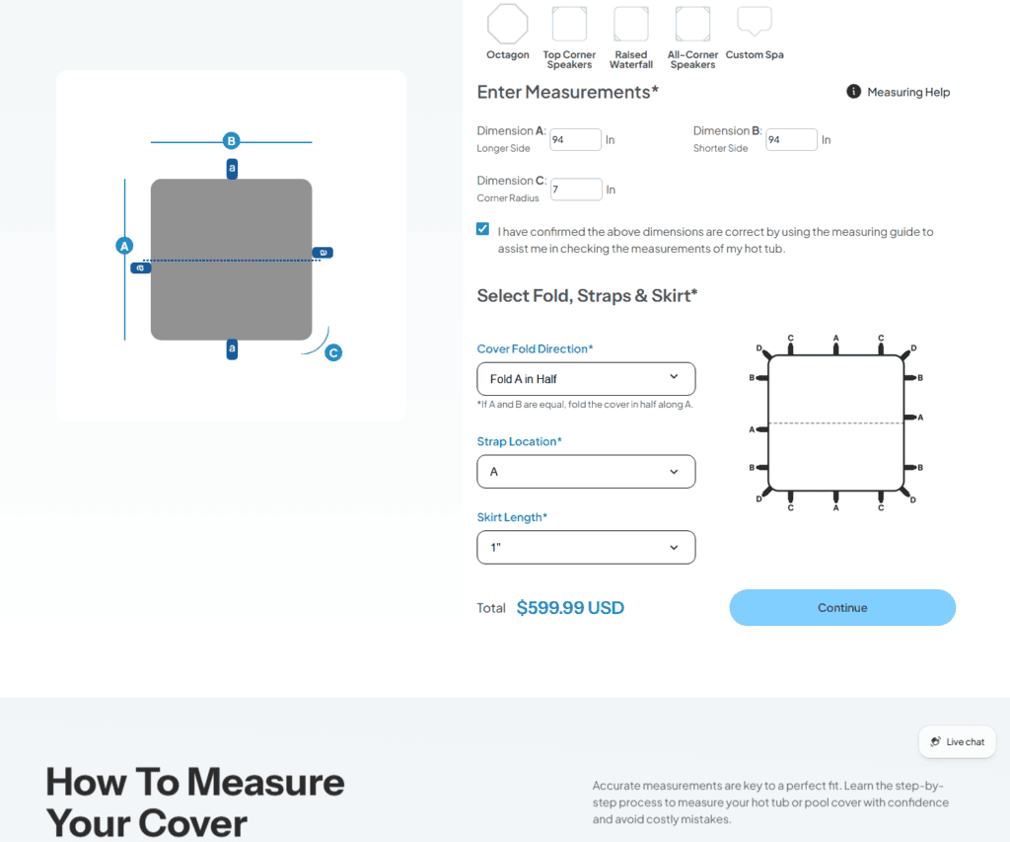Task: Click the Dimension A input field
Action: (x=575, y=140)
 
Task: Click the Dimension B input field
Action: (x=792, y=140)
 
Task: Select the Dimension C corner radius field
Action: (x=576, y=190)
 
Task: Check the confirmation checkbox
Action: (x=482, y=229)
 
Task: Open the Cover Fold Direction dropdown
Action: (x=586, y=378)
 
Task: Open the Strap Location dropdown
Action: (x=586, y=471)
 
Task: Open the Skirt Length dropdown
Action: (x=586, y=548)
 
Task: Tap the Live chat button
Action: (x=957, y=741)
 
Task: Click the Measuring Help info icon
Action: (x=853, y=92)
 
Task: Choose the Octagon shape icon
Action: (x=508, y=24)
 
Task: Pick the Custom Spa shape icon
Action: (x=755, y=22)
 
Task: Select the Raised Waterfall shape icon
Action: (x=631, y=24)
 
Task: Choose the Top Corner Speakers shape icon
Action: (x=569, y=24)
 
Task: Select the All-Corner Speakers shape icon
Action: (x=693, y=24)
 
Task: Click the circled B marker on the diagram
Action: (x=231, y=140)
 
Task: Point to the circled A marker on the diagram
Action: (x=124, y=246)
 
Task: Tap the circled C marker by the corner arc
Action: (x=333, y=352)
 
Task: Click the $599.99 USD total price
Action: (x=570, y=608)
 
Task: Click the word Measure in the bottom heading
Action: (x=265, y=782)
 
